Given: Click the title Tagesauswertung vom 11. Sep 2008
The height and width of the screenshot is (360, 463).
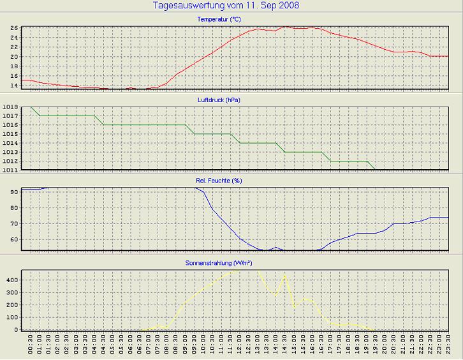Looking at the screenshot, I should coord(226,6).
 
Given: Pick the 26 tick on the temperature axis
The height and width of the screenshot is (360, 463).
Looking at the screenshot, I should coord(14,28).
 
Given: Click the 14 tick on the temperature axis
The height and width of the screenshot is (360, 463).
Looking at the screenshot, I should coord(14,85).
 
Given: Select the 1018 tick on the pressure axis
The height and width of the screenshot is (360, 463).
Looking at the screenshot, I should coord(10,107).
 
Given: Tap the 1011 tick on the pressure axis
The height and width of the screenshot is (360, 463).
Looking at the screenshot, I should coord(10,170).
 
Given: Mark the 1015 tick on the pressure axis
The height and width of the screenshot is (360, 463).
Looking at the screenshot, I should coord(10,134).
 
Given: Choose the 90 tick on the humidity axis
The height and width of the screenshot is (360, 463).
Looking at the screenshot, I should coord(14,191).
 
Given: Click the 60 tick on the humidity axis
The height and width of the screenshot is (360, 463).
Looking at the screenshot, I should coord(14,239).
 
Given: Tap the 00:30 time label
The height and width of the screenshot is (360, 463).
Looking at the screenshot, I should coord(31,345).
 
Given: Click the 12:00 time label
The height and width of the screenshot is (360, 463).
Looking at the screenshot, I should coord(240,345).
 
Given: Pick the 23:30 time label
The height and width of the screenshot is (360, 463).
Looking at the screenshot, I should coord(448,345).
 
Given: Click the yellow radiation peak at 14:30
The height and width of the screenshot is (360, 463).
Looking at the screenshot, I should coord(284,275).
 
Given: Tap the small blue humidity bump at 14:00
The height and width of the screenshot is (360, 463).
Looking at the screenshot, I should coord(276,247).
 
